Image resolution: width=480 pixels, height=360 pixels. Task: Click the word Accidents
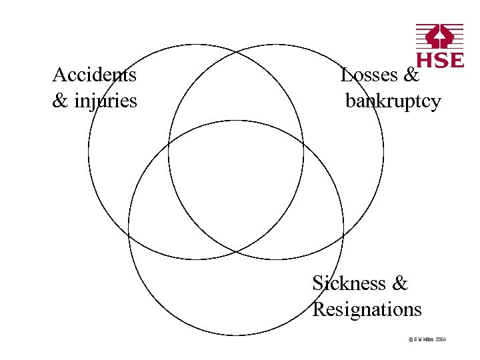tap(95, 74)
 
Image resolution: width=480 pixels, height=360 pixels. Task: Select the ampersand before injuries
tap(60, 101)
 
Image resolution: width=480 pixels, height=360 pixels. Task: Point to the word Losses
tap(370, 75)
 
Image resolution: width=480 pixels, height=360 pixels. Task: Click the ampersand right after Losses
tap(411, 75)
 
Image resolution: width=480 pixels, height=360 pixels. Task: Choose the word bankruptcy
tap(393, 101)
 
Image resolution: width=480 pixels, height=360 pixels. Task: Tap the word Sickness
tap(349, 283)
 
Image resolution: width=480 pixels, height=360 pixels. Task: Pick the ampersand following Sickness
tap(400, 283)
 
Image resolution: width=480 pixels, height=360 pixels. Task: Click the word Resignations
tap(367, 309)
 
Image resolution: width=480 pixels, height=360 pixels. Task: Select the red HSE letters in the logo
tap(440, 60)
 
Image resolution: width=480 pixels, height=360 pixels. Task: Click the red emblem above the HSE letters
tap(440, 37)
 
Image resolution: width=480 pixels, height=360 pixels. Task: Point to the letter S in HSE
tap(440, 60)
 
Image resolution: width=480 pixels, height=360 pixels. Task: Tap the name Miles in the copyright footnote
tap(427, 339)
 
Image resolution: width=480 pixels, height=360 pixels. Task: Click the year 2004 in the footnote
tap(441, 339)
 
